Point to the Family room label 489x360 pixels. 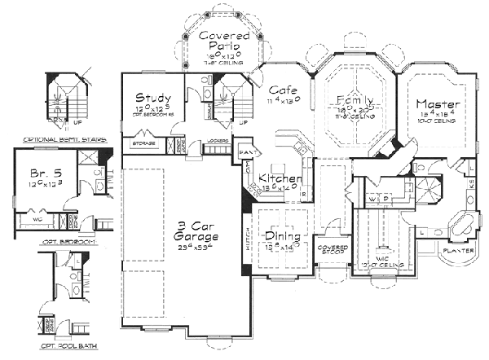coord(355,101)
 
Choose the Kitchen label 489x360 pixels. coord(280,178)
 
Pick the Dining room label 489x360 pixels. coord(282,237)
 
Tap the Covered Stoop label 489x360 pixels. coord(333,248)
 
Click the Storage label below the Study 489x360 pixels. coord(144,144)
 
